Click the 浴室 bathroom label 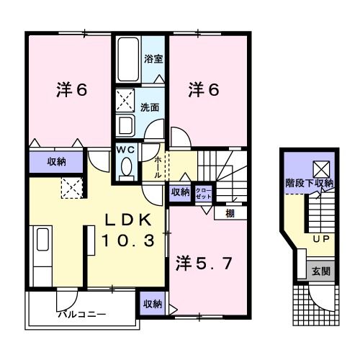click(153, 59)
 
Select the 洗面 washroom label click(150, 107)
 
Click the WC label click(127, 149)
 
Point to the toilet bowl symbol click(127, 166)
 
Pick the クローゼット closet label click(204, 192)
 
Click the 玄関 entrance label click(320, 271)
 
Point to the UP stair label click(320, 238)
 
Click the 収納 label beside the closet click(180, 192)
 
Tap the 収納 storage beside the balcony click(152, 304)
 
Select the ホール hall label click(158, 168)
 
